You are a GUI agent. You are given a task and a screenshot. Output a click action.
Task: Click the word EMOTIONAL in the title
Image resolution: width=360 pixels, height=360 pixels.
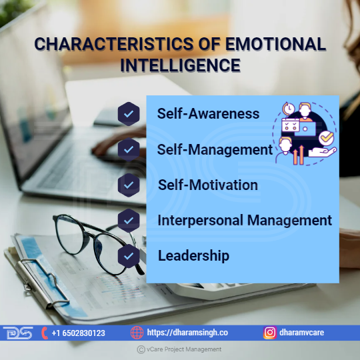pyautogui.click(x=275, y=43)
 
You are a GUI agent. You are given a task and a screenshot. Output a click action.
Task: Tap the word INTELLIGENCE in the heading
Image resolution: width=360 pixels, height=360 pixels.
pyautogui.click(x=181, y=65)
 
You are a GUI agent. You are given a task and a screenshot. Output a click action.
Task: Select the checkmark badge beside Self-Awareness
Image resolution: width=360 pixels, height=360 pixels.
pyautogui.click(x=129, y=113)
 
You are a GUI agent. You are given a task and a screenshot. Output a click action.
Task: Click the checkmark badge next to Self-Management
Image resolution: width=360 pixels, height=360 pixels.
pyautogui.click(x=129, y=149)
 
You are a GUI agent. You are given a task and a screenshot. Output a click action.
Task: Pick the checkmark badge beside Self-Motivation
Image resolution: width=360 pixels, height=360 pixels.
pyautogui.click(x=129, y=185)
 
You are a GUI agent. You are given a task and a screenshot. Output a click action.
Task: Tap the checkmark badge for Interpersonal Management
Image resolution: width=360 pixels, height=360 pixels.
pyautogui.click(x=129, y=221)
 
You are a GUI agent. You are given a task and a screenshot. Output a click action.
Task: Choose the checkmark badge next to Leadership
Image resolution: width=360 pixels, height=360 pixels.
pyautogui.click(x=129, y=256)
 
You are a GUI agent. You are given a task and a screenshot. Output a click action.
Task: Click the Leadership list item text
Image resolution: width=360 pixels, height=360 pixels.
pyautogui.click(x=193, y=256)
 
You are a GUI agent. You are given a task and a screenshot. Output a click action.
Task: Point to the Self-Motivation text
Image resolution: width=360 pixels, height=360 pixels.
pyautogui.click(x=208, y=185)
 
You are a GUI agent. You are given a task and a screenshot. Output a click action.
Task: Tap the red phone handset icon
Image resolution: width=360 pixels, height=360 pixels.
pyautogui.click(x=45, y=333)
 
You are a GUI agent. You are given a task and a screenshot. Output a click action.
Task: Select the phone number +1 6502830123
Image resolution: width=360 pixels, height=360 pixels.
pyautogui.click(x=78, y=333)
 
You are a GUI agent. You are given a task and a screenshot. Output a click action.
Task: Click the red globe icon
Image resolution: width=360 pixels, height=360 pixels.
pyautogui.click(x=137, y=333)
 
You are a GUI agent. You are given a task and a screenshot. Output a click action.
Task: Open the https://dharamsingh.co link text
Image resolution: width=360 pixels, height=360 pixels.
pyautogui.click(x=187, y=333)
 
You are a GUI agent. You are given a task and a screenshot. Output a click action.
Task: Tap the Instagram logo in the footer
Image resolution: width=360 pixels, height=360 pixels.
pyautogui.click(x=270, y=333)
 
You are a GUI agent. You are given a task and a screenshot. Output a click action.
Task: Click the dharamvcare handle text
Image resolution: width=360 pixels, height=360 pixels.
pyautogui.click(x=301, y=333)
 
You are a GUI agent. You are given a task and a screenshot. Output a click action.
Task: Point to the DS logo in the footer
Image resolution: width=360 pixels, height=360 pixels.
pyautogui.click(x=18, y=333)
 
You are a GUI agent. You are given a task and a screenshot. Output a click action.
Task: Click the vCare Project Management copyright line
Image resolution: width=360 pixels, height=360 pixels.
pyautogui.click(x=179, y=349)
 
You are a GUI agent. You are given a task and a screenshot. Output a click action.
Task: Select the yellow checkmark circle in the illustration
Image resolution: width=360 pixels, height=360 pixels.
pyautogui.click(x=326, y=138)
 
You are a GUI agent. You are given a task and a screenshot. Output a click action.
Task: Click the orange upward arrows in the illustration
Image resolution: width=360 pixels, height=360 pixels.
pyautogui.click(x=299, y=155)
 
